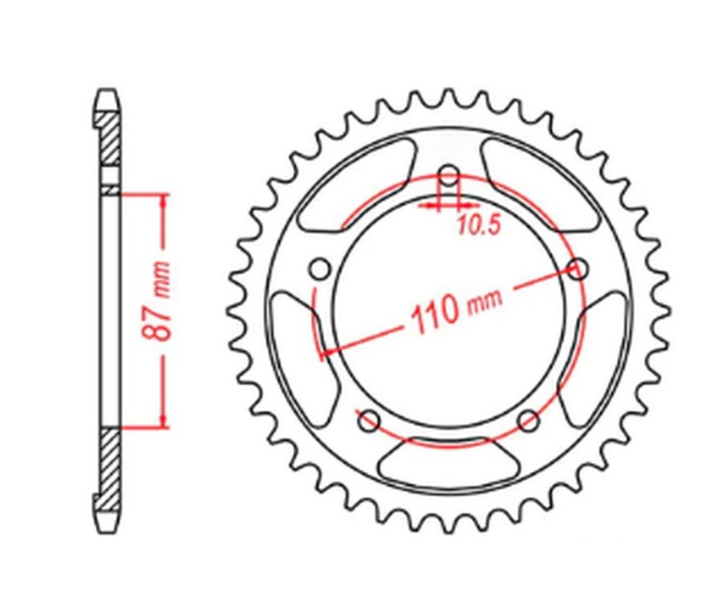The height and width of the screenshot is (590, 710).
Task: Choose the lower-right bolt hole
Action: (x=530, y=420)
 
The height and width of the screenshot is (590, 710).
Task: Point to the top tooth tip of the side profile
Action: (x=106, y=91)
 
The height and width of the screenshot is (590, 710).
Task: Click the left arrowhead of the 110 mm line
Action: (x=325, y=351)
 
